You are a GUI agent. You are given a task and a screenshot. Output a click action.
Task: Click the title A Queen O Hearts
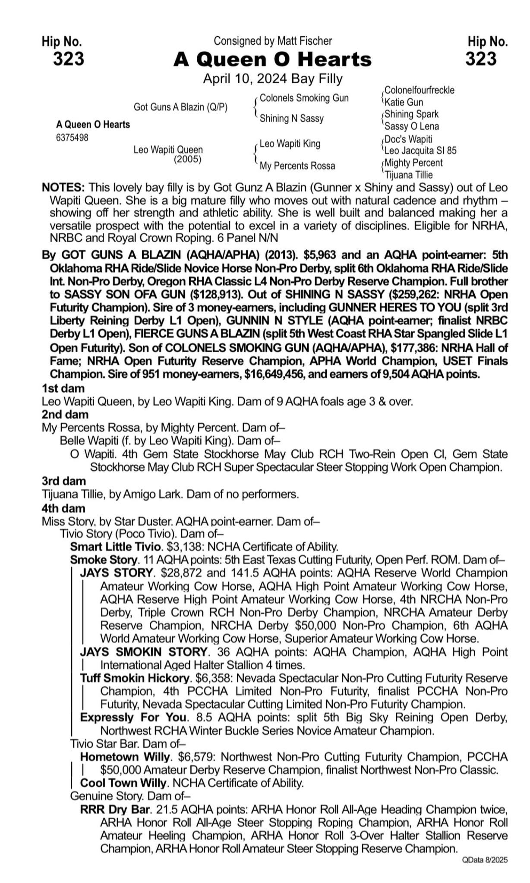click(272, 59)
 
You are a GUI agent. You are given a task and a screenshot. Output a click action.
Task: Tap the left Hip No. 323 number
click(69, 59)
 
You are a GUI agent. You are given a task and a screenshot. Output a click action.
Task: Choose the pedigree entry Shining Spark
click(411, 114)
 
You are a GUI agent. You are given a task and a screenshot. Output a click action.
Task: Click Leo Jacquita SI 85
click(420, 150)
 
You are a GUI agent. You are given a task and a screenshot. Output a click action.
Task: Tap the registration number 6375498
click(72, 138)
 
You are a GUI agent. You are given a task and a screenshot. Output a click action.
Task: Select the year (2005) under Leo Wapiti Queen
click(188, 159)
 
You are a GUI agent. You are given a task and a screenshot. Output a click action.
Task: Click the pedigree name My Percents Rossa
click(297, 166)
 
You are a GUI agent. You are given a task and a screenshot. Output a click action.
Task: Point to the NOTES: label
click(63, 188)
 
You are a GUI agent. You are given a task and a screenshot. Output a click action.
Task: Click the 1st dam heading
click(63, 388)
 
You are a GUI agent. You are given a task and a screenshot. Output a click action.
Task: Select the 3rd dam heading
click(64, 481)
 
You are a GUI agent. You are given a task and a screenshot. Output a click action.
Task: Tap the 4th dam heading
click(64, 508)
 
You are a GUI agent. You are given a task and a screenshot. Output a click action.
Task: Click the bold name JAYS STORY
click(117, 573)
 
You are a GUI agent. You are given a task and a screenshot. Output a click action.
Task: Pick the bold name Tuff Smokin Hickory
click(135, 678)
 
